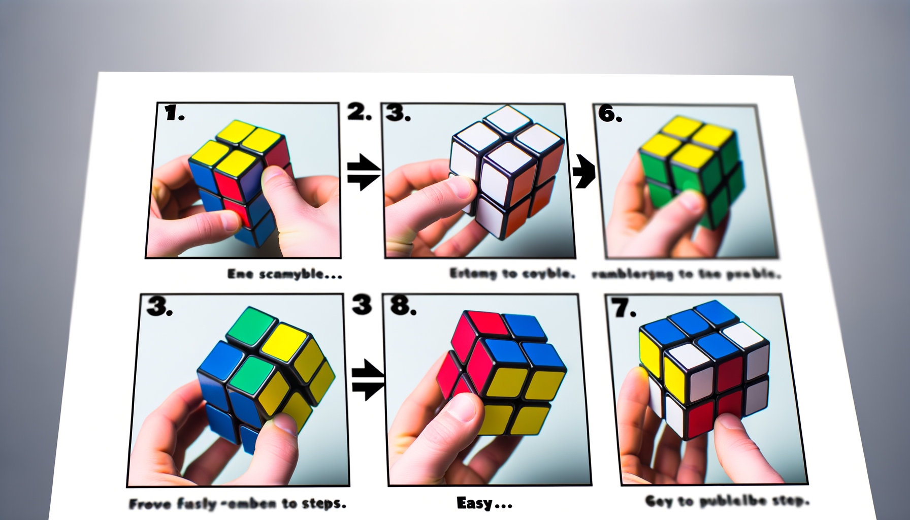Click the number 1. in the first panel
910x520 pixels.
(x=174, y=113)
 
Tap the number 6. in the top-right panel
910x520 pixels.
(x=609, y=114)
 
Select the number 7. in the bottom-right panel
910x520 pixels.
(x=623, y=308)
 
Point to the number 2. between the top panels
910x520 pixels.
(x=359, y=112)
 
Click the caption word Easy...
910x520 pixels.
(x=474, y=503)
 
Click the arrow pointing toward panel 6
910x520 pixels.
(x=583, y=172)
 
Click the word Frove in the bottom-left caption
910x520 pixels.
(x=150, y=504)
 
